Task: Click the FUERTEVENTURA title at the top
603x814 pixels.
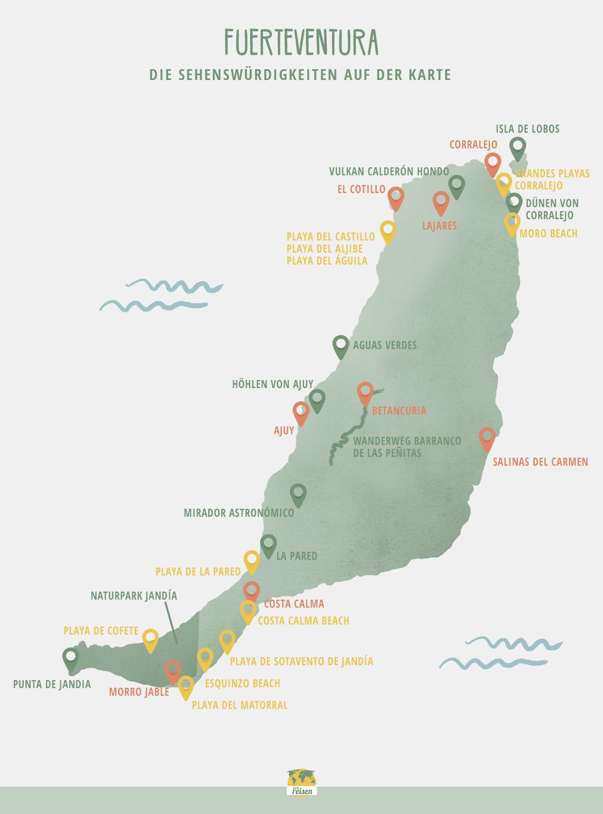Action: point(301,43)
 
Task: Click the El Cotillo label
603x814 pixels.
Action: point(361,189)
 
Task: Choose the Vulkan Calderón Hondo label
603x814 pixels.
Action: point(389,172)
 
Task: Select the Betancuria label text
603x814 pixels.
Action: point(399,411)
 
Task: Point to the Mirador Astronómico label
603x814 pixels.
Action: point(239,513)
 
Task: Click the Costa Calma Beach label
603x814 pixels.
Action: point(304,621)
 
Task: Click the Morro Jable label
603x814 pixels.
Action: point(139,692)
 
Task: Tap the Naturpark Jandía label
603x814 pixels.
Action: point(134,596)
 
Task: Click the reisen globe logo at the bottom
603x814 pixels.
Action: point(302,782)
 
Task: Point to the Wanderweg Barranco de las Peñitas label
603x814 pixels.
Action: point(407,447)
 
